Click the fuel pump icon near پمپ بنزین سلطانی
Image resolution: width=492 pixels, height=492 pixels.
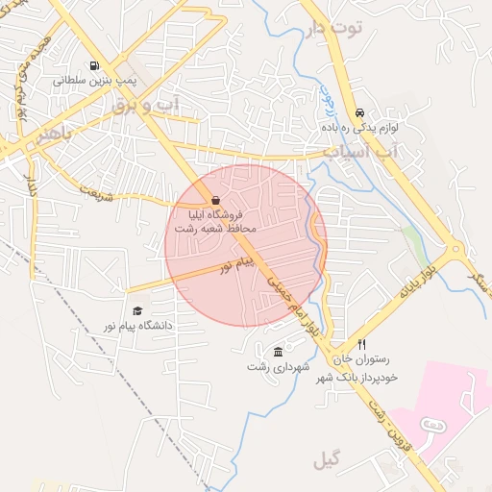pos(93,66)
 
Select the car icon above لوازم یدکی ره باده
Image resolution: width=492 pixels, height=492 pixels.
pos(359,111)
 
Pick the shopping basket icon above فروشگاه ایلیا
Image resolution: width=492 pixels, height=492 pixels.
pos(215,199)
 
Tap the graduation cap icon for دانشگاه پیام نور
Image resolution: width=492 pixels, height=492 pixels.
pos(137,310)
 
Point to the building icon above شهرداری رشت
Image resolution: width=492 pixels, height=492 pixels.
pos(278,352)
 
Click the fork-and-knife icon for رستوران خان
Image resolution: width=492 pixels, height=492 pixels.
pos(362,344)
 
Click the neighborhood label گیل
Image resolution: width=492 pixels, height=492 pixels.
pos(327,462)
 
